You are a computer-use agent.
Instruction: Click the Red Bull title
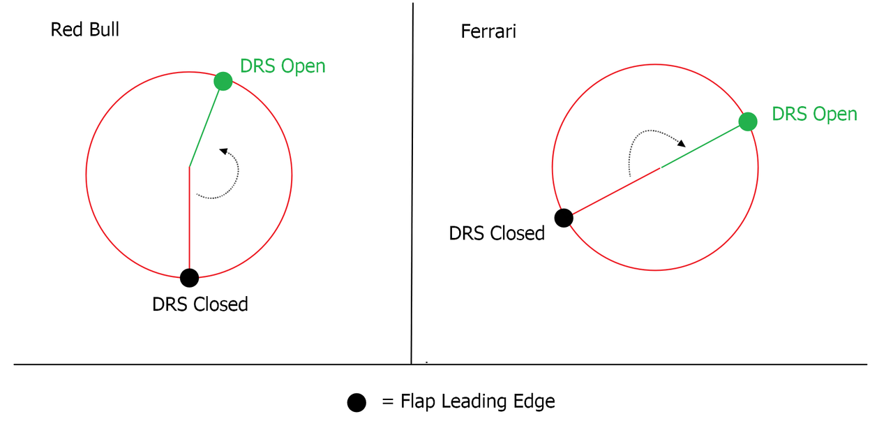[x=84, y=29]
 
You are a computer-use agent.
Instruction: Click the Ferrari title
[x=488, y=31]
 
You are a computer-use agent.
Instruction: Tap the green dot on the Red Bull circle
[x=223, y=82]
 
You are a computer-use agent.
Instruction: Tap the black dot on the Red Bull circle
[x=189, y=278]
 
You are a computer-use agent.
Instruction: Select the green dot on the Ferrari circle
[x=748, y=121]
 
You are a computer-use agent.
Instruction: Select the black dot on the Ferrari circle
[x=564, y=218]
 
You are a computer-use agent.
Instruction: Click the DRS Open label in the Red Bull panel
[x=283, y=66]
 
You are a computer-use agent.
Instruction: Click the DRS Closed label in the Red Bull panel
[x=200, y=304]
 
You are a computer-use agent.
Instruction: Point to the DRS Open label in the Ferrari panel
[x=814, y=114]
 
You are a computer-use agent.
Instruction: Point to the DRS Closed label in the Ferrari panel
[x=497, y=233]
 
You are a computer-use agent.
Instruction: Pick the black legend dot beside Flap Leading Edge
[x=357, y=402]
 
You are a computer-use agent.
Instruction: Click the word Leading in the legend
[x=474, y=401]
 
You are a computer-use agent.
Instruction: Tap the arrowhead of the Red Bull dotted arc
[x=223, y=152]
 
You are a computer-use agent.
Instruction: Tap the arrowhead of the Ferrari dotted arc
[x=682, y=143]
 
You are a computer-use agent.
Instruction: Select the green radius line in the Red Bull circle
[x=204, y=128]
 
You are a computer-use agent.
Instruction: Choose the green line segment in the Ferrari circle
[x=700, y=147]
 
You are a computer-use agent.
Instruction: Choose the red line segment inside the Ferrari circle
[x=616, y=191]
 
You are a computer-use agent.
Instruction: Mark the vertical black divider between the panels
[x=412, y=184]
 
